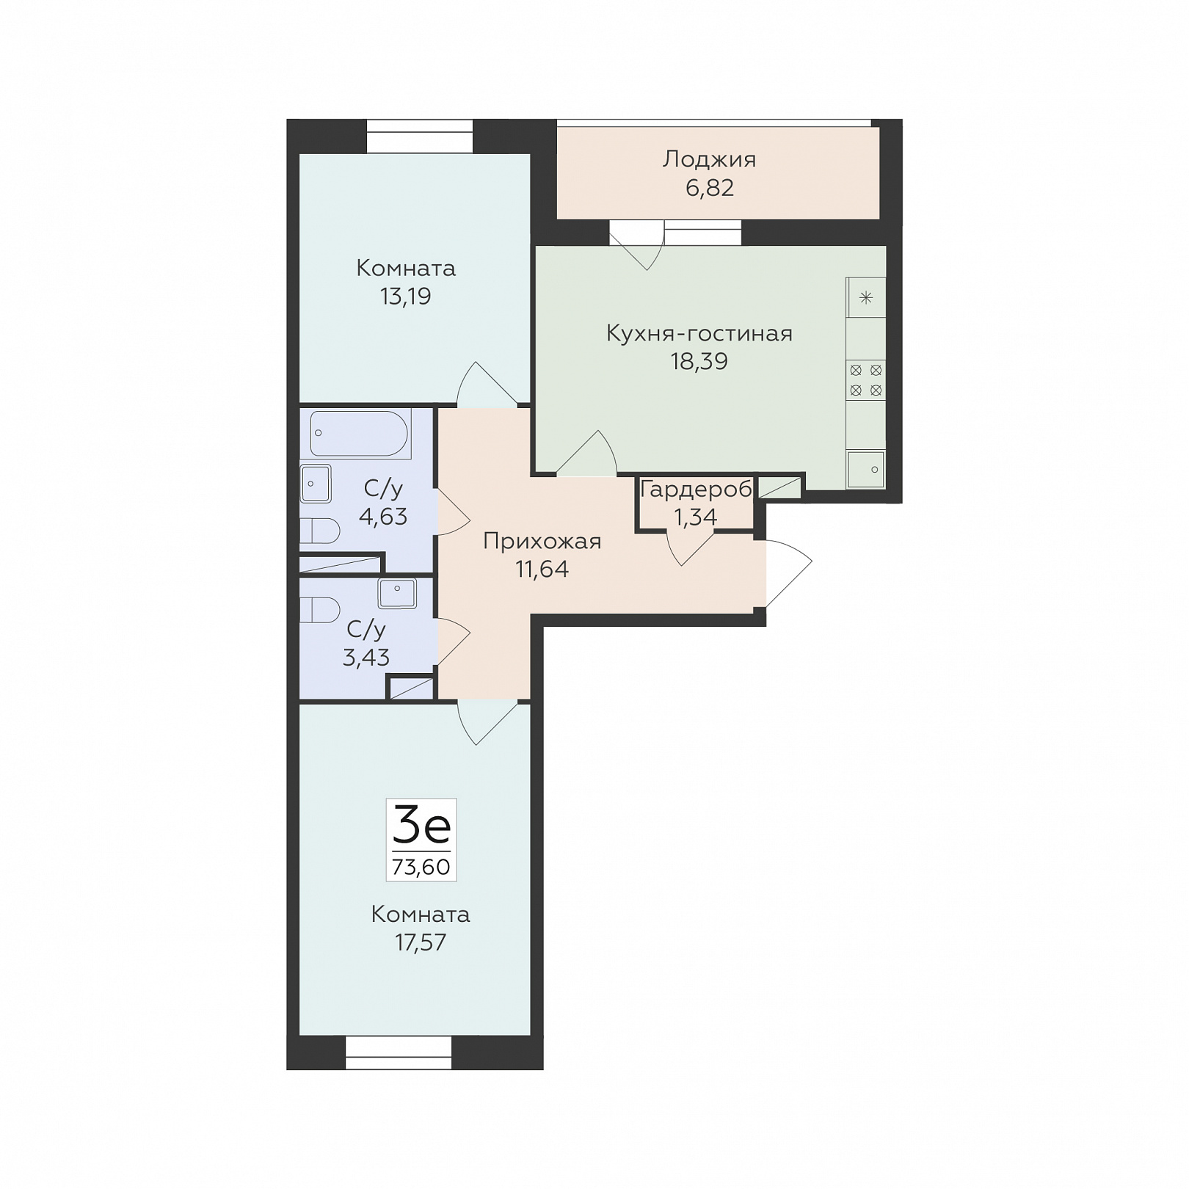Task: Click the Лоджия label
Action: (709, 160)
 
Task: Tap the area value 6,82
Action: (710, 188)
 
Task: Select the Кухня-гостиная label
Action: (699, 333)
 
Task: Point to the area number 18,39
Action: (699, 361)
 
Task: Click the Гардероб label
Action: (696, 490)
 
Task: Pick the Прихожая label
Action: (542, 542)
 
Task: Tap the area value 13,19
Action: (406, 297)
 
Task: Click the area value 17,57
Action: (421, 942)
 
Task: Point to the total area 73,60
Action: (421, 867)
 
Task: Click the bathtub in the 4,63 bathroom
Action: (359, 433)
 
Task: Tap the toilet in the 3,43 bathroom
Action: (320, 610)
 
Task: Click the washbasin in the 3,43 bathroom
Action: (397, 594)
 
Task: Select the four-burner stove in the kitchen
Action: (866, 380)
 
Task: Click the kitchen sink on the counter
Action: (866, 469)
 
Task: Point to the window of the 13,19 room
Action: (420, 137)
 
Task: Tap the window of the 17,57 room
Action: (399, 1052)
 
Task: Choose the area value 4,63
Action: (383, 517)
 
